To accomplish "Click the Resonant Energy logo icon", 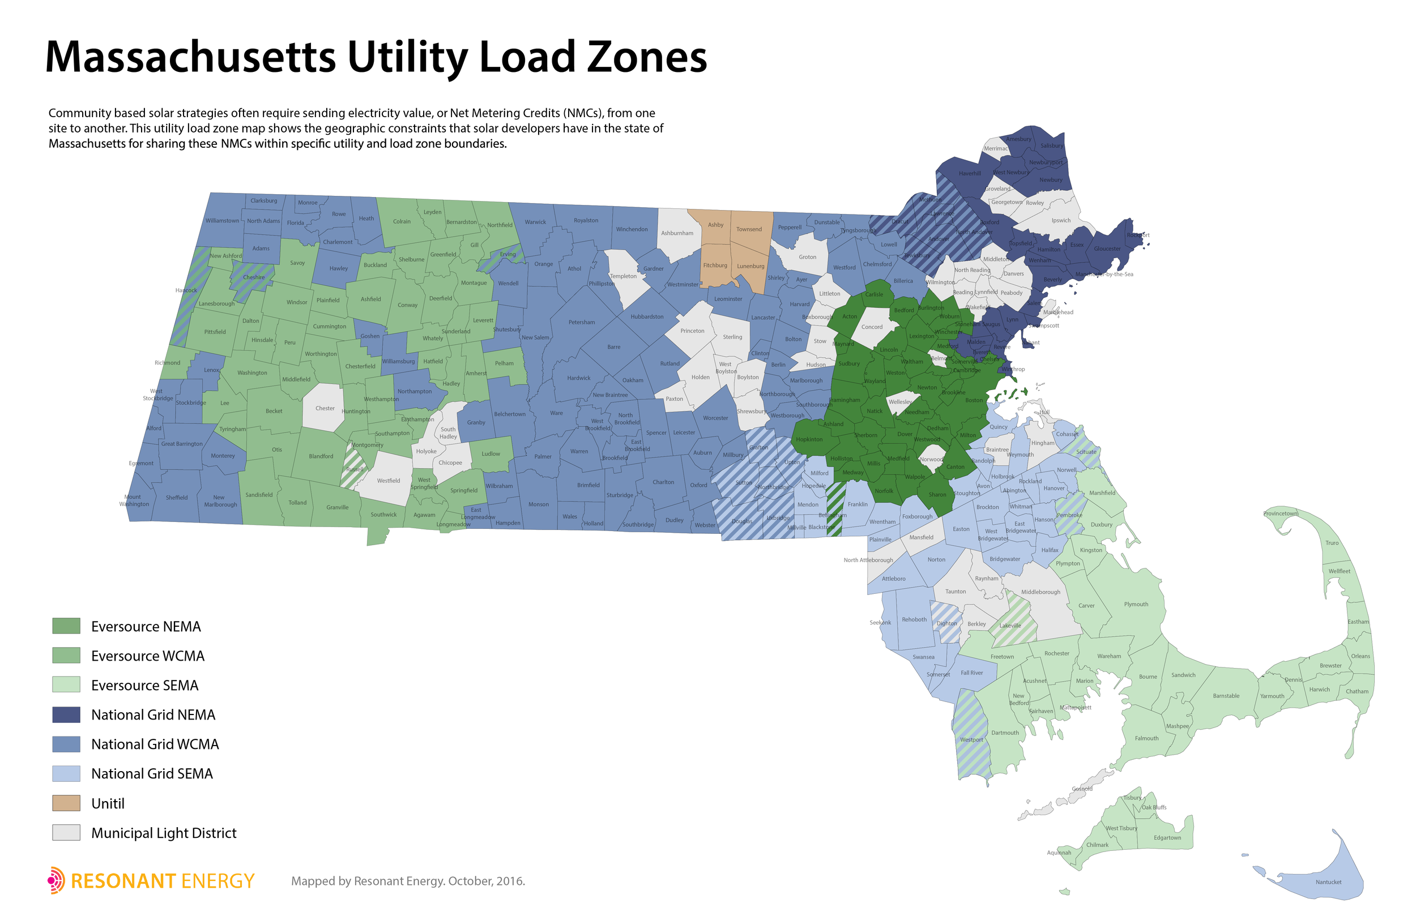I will tap(56, 880).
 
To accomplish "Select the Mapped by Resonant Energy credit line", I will tap(408, 881).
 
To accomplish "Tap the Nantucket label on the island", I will tap(1329, 882).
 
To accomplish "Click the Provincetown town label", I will tap(1281, 513).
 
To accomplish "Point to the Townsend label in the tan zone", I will tap(748, 229).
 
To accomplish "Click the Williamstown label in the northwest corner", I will tap(222, 221).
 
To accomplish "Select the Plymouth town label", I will tap(1136, 604).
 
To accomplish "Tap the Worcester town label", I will tap(715, 418).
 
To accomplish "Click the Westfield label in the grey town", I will tap(389, 481).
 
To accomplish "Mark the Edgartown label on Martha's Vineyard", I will tap(1167, 837).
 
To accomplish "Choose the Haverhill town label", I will tap(969, 174).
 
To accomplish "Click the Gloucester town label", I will tap(1107, 249).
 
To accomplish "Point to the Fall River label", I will tap(971, 673).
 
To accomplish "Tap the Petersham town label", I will tap(581, 322).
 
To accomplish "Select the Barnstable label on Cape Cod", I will tap(1226, 696).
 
